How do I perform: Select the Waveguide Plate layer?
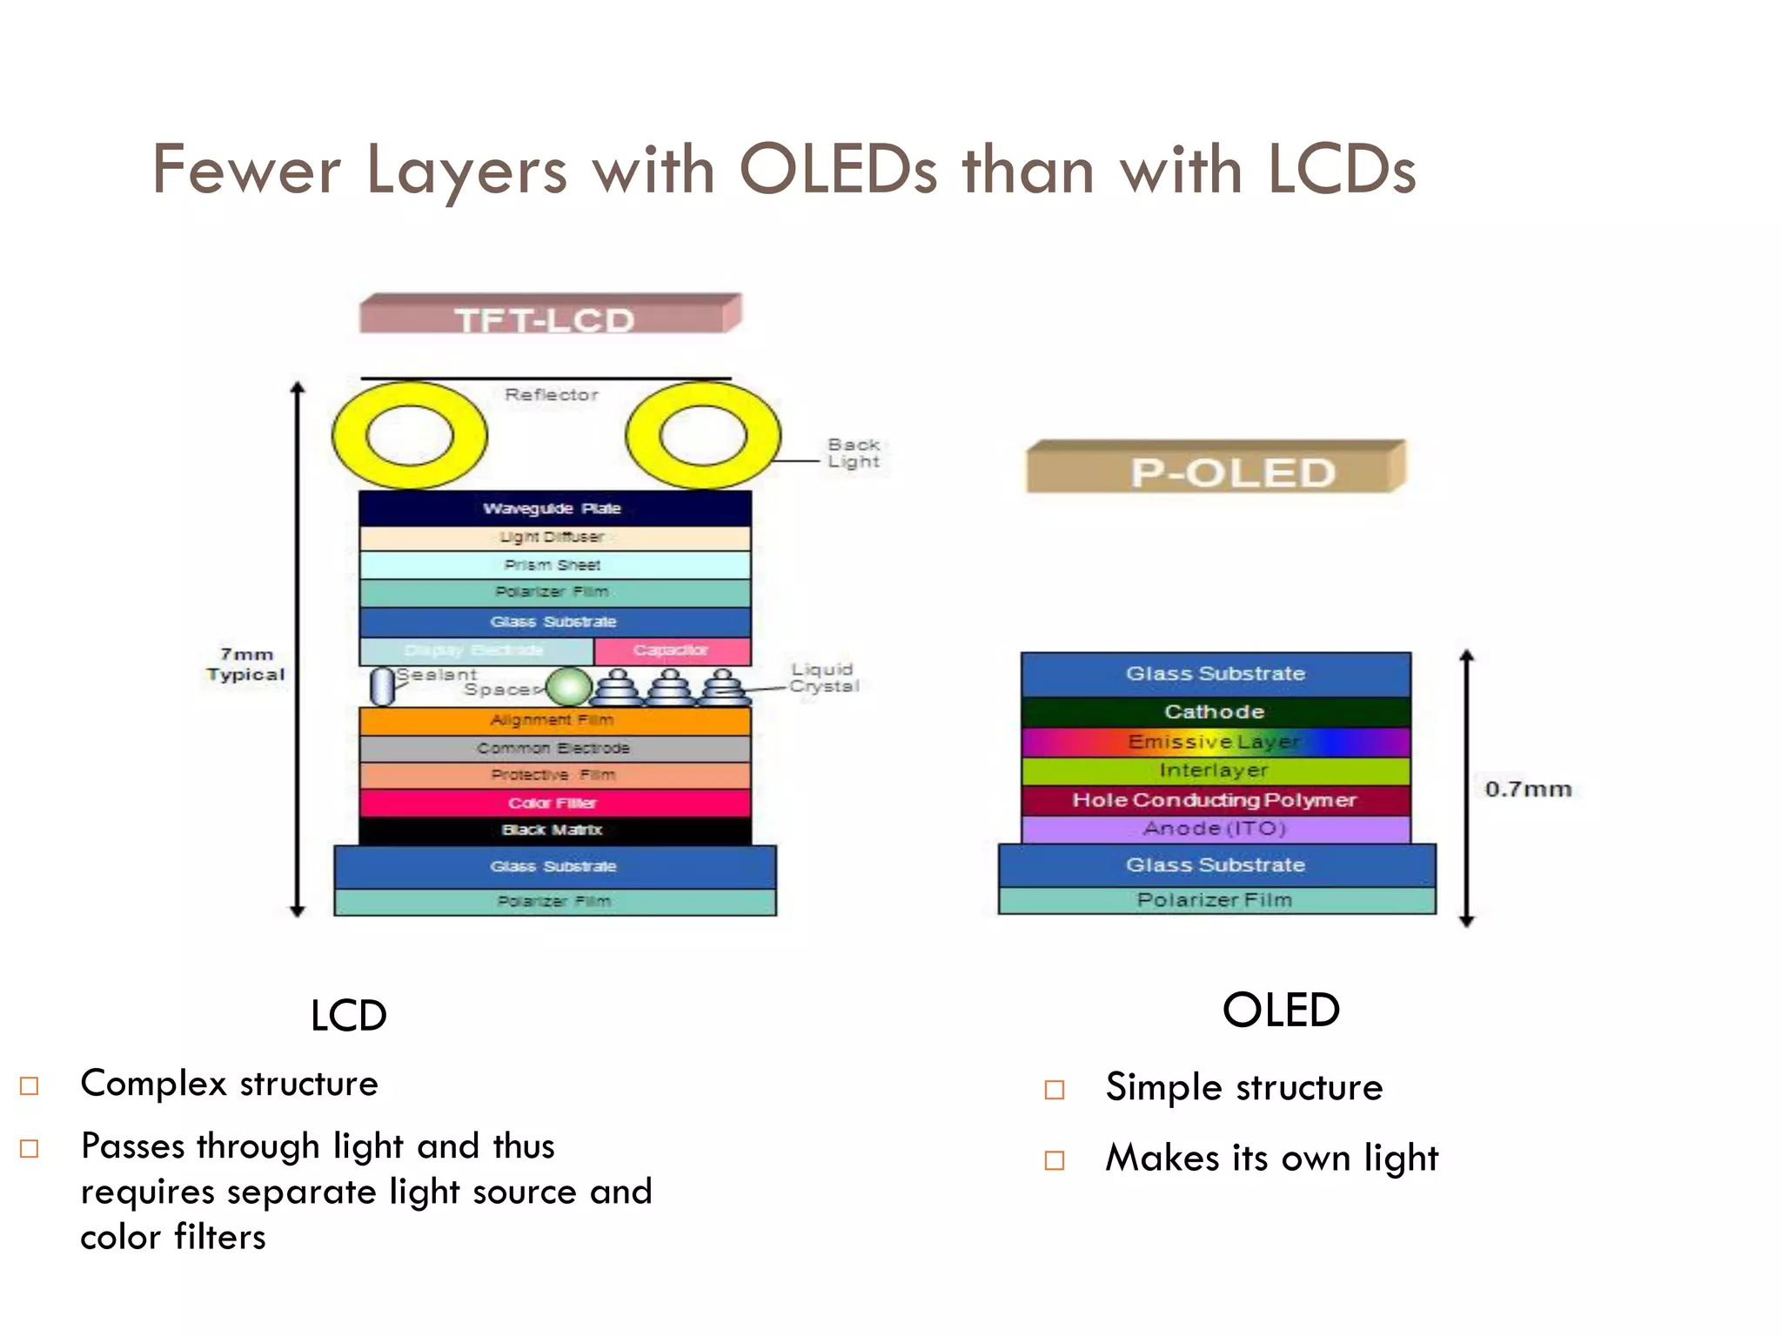pyautogui.click(x=554, y=508)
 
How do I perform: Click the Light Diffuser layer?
pyautogui.click(x=554, y=537)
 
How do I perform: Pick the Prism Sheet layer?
pyautogui.click(x=554, y=565)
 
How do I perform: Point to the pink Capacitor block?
pyautogui.click(x=671, y=650)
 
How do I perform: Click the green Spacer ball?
pyautogui.click(x=569, y=687)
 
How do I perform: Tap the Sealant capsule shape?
pyautogui.click(x=381, y=687)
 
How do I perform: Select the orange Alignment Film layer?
pyautogui.click(x=554, y=721)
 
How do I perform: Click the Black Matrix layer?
pyautogui.click(x=554, y=830)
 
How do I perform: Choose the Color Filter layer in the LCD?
pyautogui.click(x=554, y=803)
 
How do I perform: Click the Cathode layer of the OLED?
pyautogui.click(x=1216, y=712)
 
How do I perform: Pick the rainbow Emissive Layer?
pyautogui.click(x=1216, y=742)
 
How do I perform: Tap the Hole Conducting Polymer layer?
pyautogui.click(x=1216, y=800)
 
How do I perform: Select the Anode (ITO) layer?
pyautogui.click(x=1216, y=829)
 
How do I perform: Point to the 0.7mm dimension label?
pyautogui.click(x=1528, y=789)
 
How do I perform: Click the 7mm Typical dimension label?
pyautogui.click(x=245, y=664)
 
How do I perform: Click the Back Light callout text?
pyautogui.click(x=854, y=454)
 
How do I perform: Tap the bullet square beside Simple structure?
pyautogui.click(x=1054, y=1090)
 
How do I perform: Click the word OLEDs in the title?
pyautogui.click(x=838, y=170)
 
